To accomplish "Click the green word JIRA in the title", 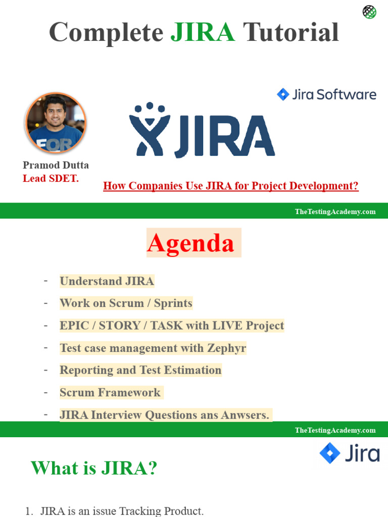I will click(203, 32).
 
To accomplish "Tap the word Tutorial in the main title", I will click(290, 32).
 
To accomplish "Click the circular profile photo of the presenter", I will click(56, 123).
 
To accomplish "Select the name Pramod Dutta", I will click(56, 165).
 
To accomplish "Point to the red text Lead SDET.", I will click(51, 178).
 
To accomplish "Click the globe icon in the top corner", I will click(369, 12).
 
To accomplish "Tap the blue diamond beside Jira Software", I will click(283, 94).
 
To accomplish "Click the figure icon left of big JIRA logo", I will click(148, 130).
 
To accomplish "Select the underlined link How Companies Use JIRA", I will click(230, 186).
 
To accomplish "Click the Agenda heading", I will click(190, 243).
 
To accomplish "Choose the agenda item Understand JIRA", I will click(107, 281).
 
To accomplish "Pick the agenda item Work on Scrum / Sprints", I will click(126, 303).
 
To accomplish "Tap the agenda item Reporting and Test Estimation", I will click(140, 370).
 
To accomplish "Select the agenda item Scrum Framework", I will click(110, 392).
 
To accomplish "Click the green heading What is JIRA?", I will click(94, 468).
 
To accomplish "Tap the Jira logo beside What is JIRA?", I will click(350, 453).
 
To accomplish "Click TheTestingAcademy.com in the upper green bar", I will click(335, 212).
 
